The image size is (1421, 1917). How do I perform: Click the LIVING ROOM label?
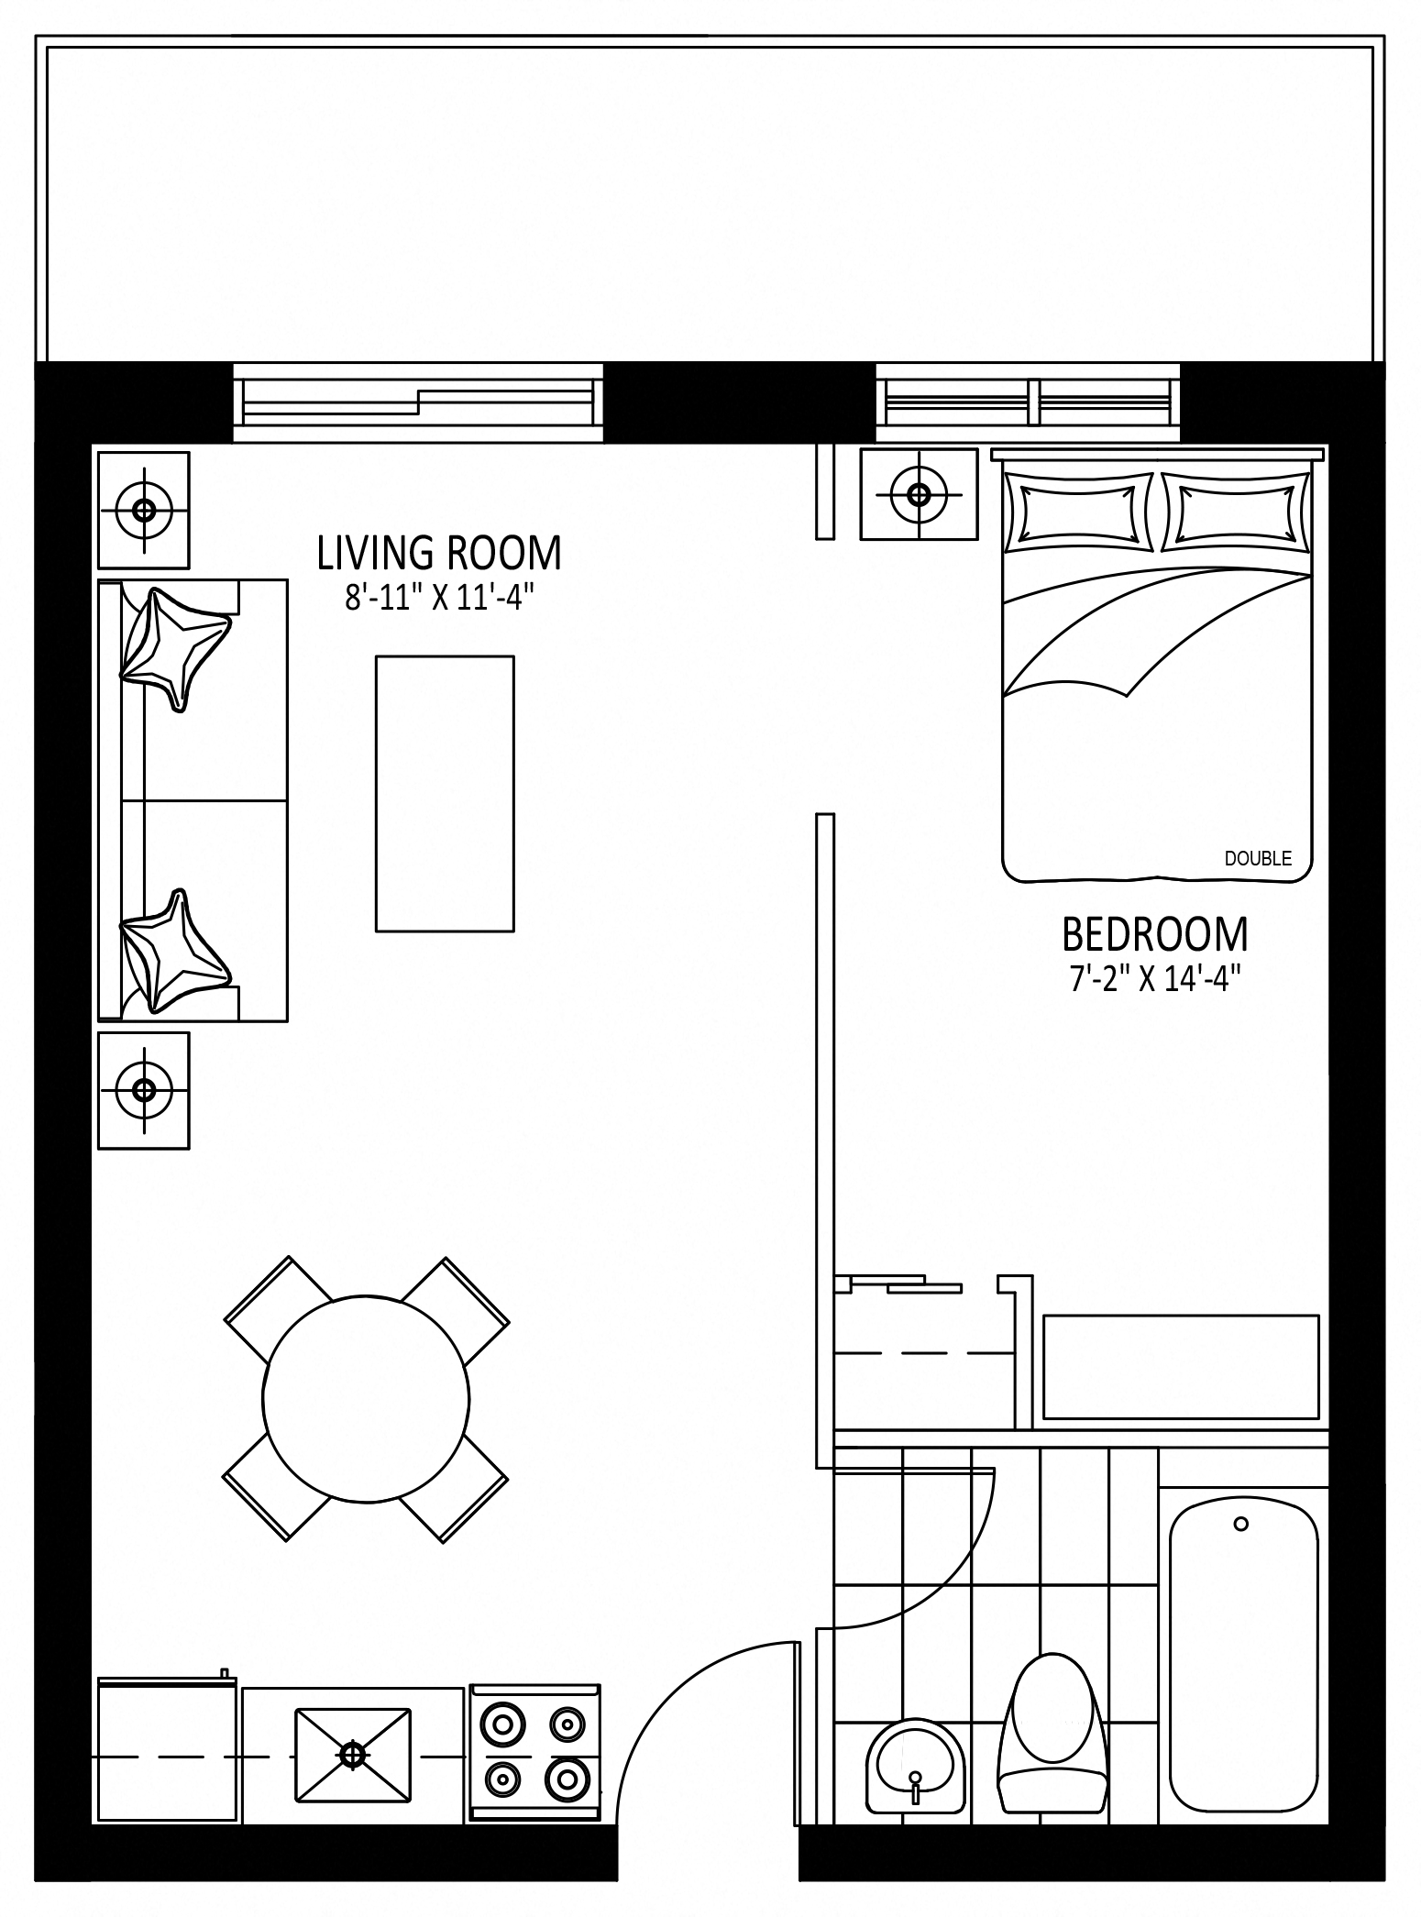click(x=439, y=553)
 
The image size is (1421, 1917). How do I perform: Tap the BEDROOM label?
click(x=1155, y=934)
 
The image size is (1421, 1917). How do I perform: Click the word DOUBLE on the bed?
click(x=1258, y=858)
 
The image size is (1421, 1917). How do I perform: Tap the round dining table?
click(x=366, y=1399)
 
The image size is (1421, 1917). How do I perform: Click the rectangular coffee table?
click(x=445, y=794)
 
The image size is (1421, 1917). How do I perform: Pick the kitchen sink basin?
click(x=353, y=1754)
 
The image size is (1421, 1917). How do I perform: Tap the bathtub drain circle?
click(x=1241, y=1524)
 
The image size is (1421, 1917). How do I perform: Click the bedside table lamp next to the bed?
click(x=918, y=494)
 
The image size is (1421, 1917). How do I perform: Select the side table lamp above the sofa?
click(x=144, y=510)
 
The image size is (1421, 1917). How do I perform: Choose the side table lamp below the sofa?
click(x=144, y=1090)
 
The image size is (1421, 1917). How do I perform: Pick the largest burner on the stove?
click(x=566, y=1779)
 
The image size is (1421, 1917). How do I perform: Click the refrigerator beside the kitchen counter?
click(x=167, y=1747)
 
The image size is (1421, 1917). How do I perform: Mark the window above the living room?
click(x=418, y=402)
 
